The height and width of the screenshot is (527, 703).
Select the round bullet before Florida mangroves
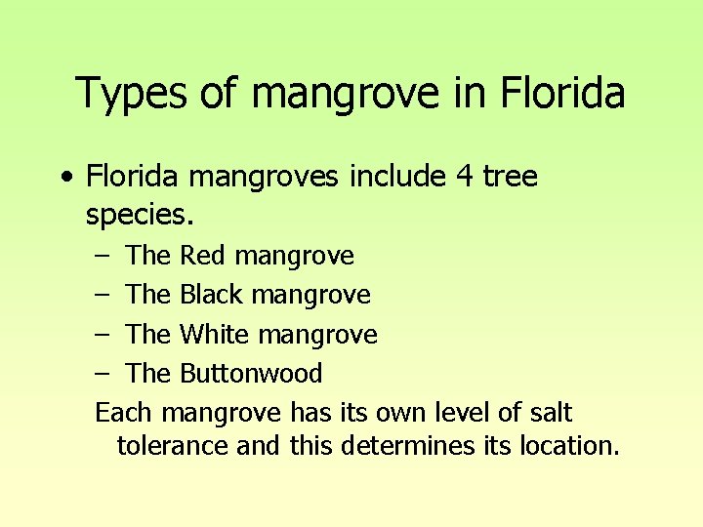pyautogui.click(x=65, y=178)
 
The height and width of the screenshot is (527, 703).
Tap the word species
pyautogui.click(x=142, y=215)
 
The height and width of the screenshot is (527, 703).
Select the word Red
pyautogui.click(x=203, y=256)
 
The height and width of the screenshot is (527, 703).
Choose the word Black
pyautogui.click(x=211, y=295)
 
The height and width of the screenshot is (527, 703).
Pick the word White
pyautogui.click(x=215, y=334)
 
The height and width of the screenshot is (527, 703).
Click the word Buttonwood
pyautogui.click(x=251, y=373)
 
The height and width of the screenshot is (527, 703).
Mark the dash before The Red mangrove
pyautogui.click(x=103, y=257)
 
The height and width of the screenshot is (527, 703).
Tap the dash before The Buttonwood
pyautogui.click(x=103, y=374)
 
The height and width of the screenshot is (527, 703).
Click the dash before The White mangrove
pyautogui.click(x=103, y=335)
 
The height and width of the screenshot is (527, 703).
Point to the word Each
pyautogui.click(x=124, y=413)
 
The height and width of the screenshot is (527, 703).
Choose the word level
pyautogui.click(x=458, y=413)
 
